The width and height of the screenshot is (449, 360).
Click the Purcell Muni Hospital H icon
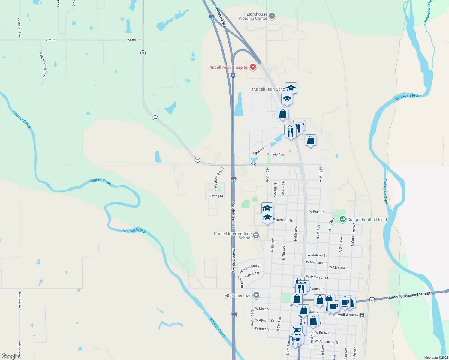click(253, 67)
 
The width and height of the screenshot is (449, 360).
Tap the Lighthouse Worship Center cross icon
click(272, 16)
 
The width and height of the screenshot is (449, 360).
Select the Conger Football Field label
click(367, 220)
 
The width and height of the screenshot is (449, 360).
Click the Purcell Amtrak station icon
click(362, 315)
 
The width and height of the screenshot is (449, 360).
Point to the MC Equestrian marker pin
click(256, 295)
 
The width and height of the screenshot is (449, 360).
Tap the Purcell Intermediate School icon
click(256, 235)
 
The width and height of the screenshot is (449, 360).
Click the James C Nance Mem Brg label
click(410, 295)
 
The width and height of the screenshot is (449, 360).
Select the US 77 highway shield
click(372, 300)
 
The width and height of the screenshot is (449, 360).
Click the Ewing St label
click(217, 196)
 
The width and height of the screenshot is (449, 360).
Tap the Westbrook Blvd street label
click(219, 178)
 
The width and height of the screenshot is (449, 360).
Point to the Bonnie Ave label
click(276, 154)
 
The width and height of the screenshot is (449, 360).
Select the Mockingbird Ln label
click(250, 268)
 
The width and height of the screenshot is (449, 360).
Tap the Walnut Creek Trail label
click(44, 64)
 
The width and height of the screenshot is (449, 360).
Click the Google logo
click(10, 356)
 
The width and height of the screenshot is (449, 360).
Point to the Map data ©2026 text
click(436, 358)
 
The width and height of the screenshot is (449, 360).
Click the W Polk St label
click(316, 212)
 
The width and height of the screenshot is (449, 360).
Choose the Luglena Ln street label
click(258, 150)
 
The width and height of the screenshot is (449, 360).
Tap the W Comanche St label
click(326, 342)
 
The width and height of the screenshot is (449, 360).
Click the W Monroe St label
click(317, 255)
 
